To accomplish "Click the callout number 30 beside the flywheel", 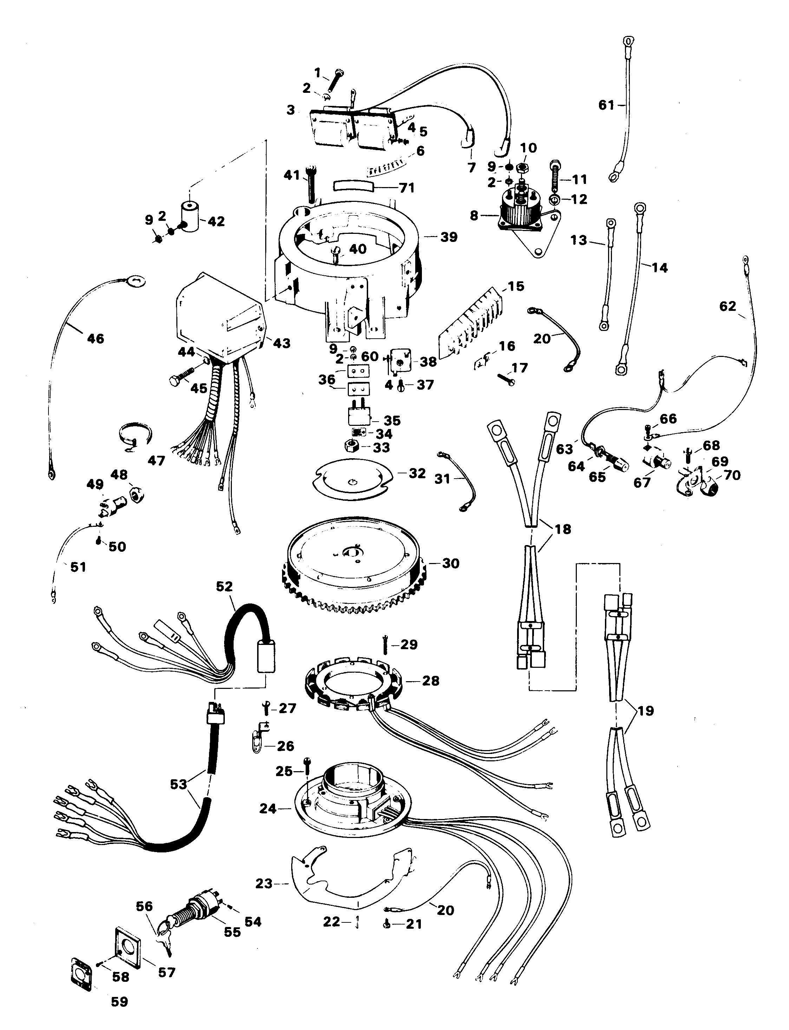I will pos(450,563).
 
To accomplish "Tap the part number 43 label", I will pos(282,344).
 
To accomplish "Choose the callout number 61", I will pos(606,105).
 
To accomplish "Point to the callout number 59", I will pos(119,1002).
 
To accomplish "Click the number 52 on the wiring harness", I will pos(224,586).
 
